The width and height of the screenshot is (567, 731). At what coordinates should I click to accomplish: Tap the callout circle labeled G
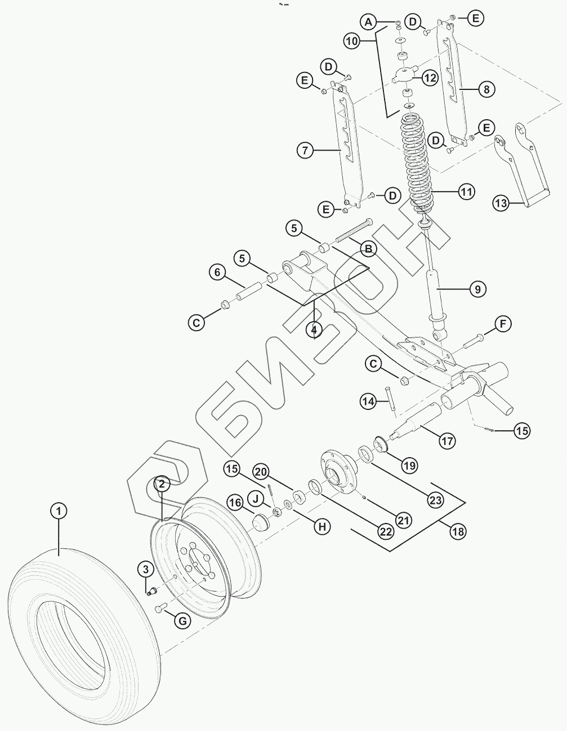(x=182, y=621)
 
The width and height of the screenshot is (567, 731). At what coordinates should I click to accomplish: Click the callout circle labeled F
(x=502, y=324)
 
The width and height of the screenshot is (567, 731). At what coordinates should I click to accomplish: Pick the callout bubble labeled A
(x=369, y=22)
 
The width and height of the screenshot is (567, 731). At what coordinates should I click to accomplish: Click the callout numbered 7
(x=304, y=150)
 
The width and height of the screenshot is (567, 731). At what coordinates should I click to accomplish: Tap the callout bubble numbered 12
(x=430, y=78)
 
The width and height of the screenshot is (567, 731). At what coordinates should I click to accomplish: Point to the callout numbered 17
(x=447, y=441)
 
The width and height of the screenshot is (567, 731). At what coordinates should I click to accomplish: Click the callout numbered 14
(x=368, y=401)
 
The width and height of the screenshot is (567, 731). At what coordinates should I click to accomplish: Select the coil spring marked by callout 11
(x=418, y=163)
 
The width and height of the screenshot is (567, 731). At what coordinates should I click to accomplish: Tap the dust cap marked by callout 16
(x=260, y=523)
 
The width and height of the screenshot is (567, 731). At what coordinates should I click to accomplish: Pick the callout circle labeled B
(x=369, y=247)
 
